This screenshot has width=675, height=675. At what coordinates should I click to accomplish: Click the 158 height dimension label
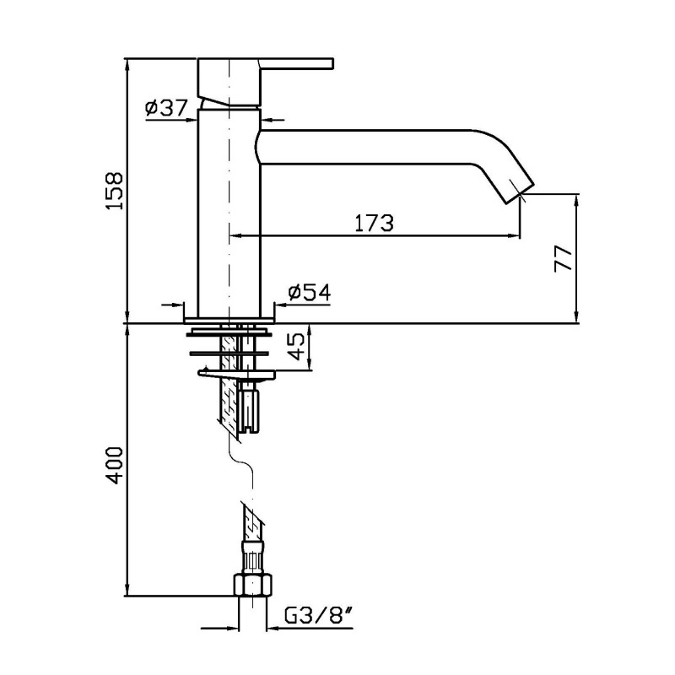coord(116,192)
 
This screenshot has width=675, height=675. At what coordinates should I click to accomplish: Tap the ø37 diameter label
coord(166,108)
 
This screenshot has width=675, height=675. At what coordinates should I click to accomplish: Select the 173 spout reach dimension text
coord(374,223)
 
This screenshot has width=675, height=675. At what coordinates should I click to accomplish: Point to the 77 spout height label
coord(563,259)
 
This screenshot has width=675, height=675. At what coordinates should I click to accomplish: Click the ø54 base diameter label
coord(310,293)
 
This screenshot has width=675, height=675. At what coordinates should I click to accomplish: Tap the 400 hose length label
coord(115,466)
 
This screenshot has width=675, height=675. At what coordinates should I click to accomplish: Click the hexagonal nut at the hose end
coord(252,585)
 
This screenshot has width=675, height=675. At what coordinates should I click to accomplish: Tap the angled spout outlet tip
coord(520,191)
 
